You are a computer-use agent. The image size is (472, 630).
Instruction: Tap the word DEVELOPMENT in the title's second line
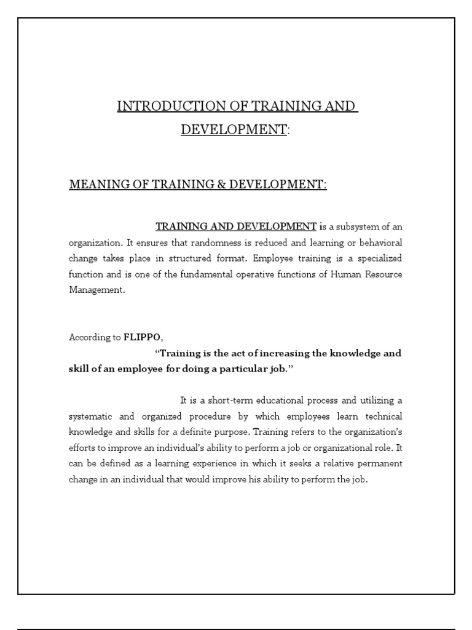234,130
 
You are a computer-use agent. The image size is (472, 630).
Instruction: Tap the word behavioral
379,242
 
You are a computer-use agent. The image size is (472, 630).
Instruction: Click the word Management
96,290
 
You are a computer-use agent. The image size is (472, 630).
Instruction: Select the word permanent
378,464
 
